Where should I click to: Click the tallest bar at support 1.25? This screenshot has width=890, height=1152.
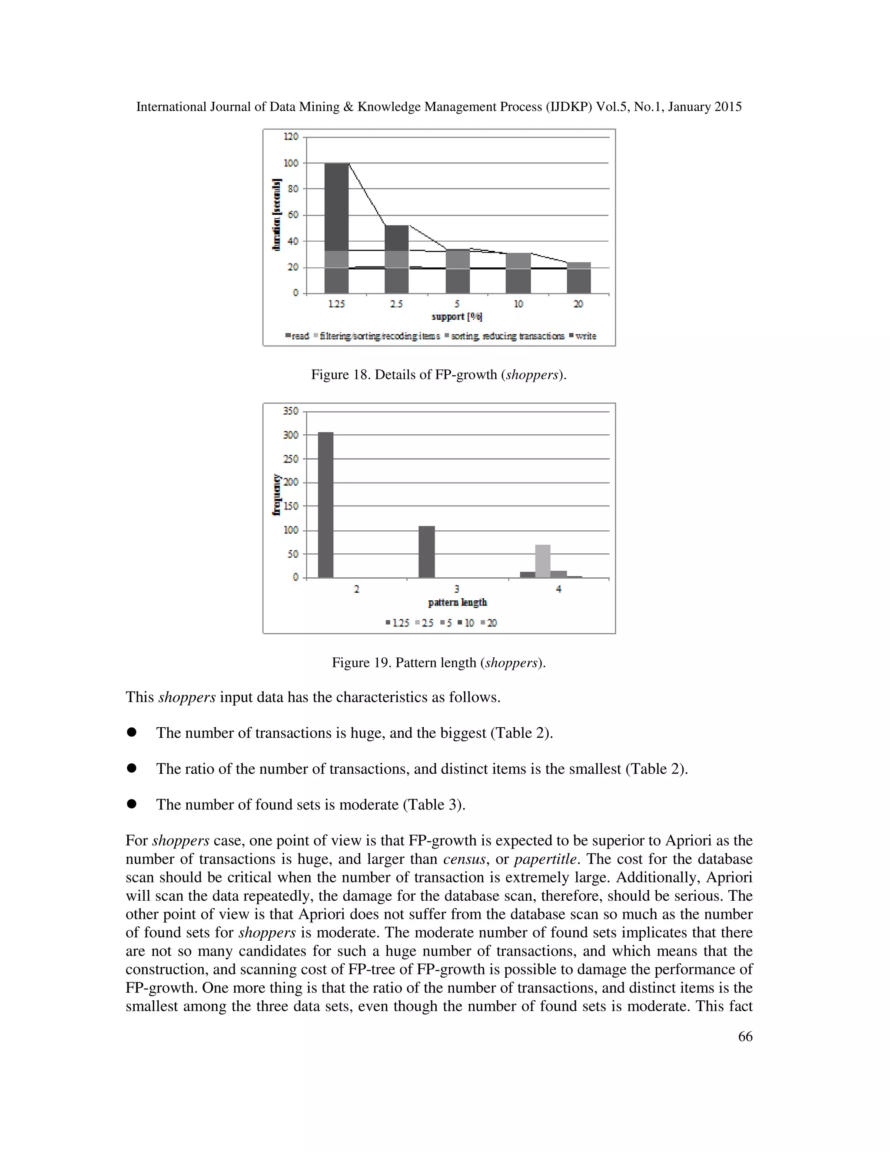(x=336, y=228)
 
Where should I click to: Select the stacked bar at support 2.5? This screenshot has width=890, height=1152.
(x=396, y=259)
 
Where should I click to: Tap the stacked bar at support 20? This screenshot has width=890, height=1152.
(x=578, y=277)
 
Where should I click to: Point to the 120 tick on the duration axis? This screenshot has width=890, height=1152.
(x=291, y=137)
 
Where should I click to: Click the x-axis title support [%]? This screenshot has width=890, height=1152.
(x=457, y=316)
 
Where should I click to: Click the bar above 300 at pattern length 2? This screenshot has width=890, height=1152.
(x=326, y=505)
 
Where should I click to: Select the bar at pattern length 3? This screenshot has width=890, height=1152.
(x=427, y=552)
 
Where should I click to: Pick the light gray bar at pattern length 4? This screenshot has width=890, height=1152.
(x=542, y=561)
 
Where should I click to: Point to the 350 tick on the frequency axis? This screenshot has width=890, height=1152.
(x=291, y=411)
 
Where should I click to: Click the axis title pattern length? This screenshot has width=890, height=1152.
(x=457, y=603)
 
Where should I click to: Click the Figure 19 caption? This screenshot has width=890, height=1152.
(x=438, y=663)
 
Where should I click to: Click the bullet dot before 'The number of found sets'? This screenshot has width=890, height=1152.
(x=132, y=804)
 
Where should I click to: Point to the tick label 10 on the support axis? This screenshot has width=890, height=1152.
(x=518, y=304)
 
